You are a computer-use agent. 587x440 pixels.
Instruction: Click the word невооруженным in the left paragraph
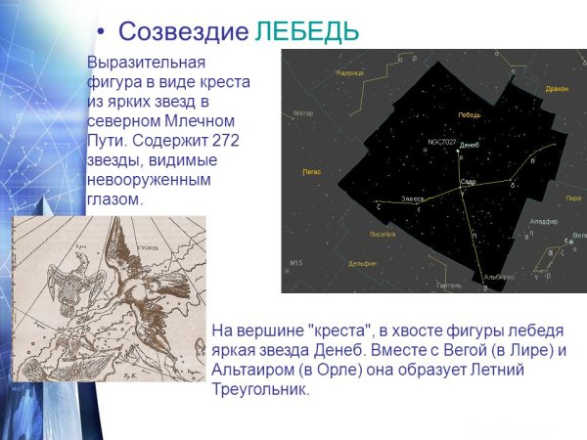tap(146, 179)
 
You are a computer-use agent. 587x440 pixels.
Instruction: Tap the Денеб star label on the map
tap(469, 146)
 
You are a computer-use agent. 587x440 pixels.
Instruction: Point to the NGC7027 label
tap(441, 142)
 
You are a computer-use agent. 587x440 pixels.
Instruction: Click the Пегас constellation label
tap(311, 171)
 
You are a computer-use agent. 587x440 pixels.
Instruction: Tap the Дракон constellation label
tap(557, 89)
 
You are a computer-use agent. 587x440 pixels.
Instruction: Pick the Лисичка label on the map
tap(382, 235)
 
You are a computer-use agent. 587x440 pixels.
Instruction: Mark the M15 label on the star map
tap(296, 263)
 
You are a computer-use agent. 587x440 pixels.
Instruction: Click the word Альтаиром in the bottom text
tap(253, 371)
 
